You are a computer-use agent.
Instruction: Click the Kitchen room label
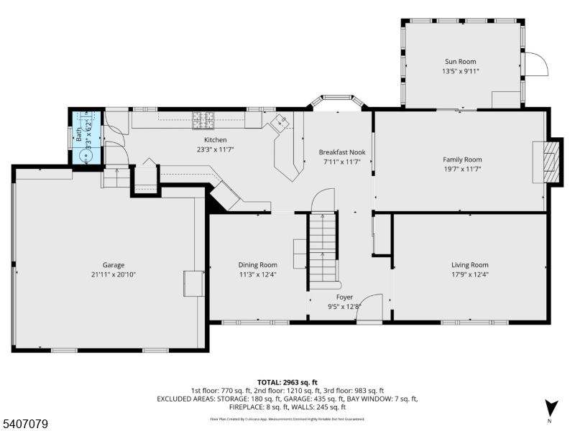point(215,140)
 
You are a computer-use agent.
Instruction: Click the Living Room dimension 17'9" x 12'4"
point(469,274)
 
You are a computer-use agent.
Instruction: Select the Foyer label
point(344,297)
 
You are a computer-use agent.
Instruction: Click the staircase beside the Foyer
point(323,248)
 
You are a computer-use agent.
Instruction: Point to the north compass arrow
point(551,407)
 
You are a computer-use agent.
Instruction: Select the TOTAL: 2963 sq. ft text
point(287,382)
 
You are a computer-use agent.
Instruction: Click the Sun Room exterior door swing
point(535,65)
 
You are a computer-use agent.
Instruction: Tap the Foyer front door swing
point(371,307)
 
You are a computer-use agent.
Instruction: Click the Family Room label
point(461,159)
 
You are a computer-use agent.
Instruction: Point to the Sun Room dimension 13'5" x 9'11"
point(459,71)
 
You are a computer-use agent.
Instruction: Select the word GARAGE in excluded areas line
point(299,398)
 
